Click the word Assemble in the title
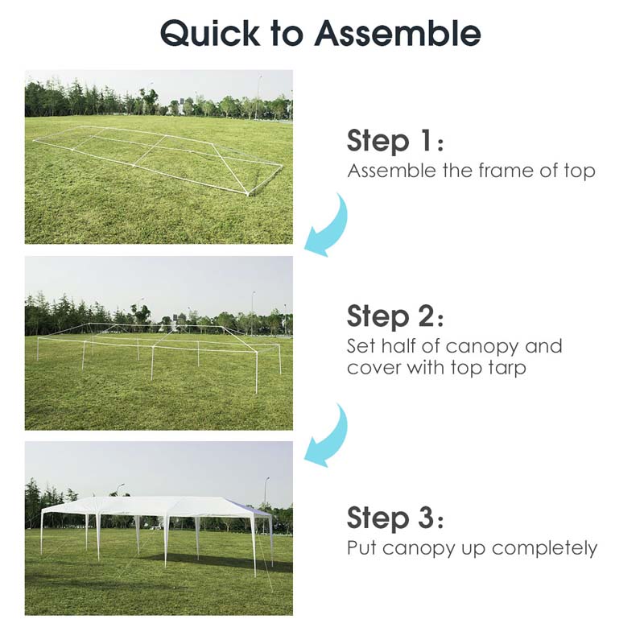pos(398,33)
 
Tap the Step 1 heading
pos(394,141)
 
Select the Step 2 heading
pos(394,316)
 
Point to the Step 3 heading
pos(394,517)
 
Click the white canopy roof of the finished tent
pos(153,506)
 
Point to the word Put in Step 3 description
pos(362,549)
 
